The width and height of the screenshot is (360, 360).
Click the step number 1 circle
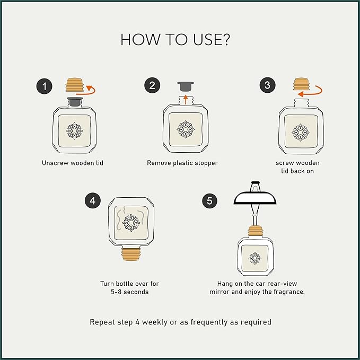pyautogui.click(x=45, y=86)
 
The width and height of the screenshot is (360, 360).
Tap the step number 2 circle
pyautogui.click(x=152, y=85)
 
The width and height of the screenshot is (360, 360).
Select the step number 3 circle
pyautogui.click(x=267, y=85)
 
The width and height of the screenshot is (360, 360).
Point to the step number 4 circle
pyautogui.click(x=93, y=200)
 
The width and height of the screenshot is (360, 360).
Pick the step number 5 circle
pyautogui.click(x=209, y=200)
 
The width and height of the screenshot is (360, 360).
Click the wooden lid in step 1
pyautogui.click(x=74, y=85)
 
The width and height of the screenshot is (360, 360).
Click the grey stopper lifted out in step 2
pyautogui.click(x=186, y=86)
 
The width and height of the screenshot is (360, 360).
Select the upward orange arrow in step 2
pyautogui.click(x=186, y=100)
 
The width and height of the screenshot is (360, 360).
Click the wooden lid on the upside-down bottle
pyautogui.click(x=130, y=254)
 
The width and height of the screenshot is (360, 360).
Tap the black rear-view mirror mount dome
pyautogui.click(x=255, y=198)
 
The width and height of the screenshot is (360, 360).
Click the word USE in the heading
pyautogui.click(x=207, y=40)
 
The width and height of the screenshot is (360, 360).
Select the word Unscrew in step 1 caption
pyautogui.click(x=55, y=163)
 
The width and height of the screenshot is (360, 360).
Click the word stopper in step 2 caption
pyautogui.click(x=206, y=163)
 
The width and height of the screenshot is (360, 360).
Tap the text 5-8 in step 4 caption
pyautogui.click(x=116, y=292)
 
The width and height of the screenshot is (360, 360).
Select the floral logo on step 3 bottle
pyautogui.click(x=300, y=133)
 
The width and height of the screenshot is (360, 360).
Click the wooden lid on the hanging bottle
pyautogui.click(x=256, y=232)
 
